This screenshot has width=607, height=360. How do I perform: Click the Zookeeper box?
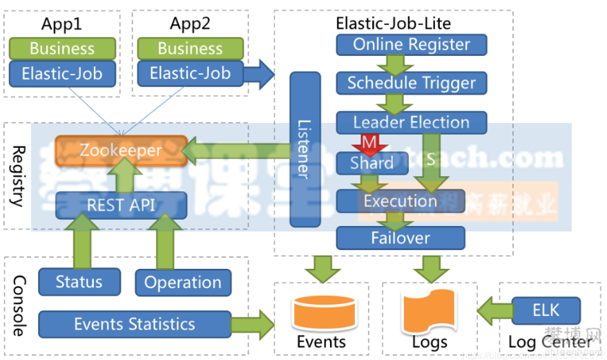coord(120,150)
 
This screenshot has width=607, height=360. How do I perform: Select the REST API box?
coord(121,205)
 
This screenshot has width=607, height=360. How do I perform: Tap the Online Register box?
coord(411,45)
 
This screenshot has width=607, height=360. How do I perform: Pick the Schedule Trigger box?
coord(411,84)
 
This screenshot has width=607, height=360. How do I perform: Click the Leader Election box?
coord(411,123)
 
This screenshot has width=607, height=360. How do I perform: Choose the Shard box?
coord(372,163)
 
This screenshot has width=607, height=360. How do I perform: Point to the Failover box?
coord(401,238)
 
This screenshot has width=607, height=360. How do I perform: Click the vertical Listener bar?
coord(306,149)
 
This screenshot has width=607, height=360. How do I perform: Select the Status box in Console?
coord(79,282)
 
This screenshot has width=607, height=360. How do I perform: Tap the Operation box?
coord(183,283)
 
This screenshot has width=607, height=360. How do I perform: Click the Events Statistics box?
coord(135,324)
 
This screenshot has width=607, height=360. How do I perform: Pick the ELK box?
coord(546,310)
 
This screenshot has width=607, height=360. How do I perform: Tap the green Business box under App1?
coord(62,49)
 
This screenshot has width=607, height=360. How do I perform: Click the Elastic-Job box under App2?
coord(190,73)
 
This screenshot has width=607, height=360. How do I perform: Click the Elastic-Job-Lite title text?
coord(393,23)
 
